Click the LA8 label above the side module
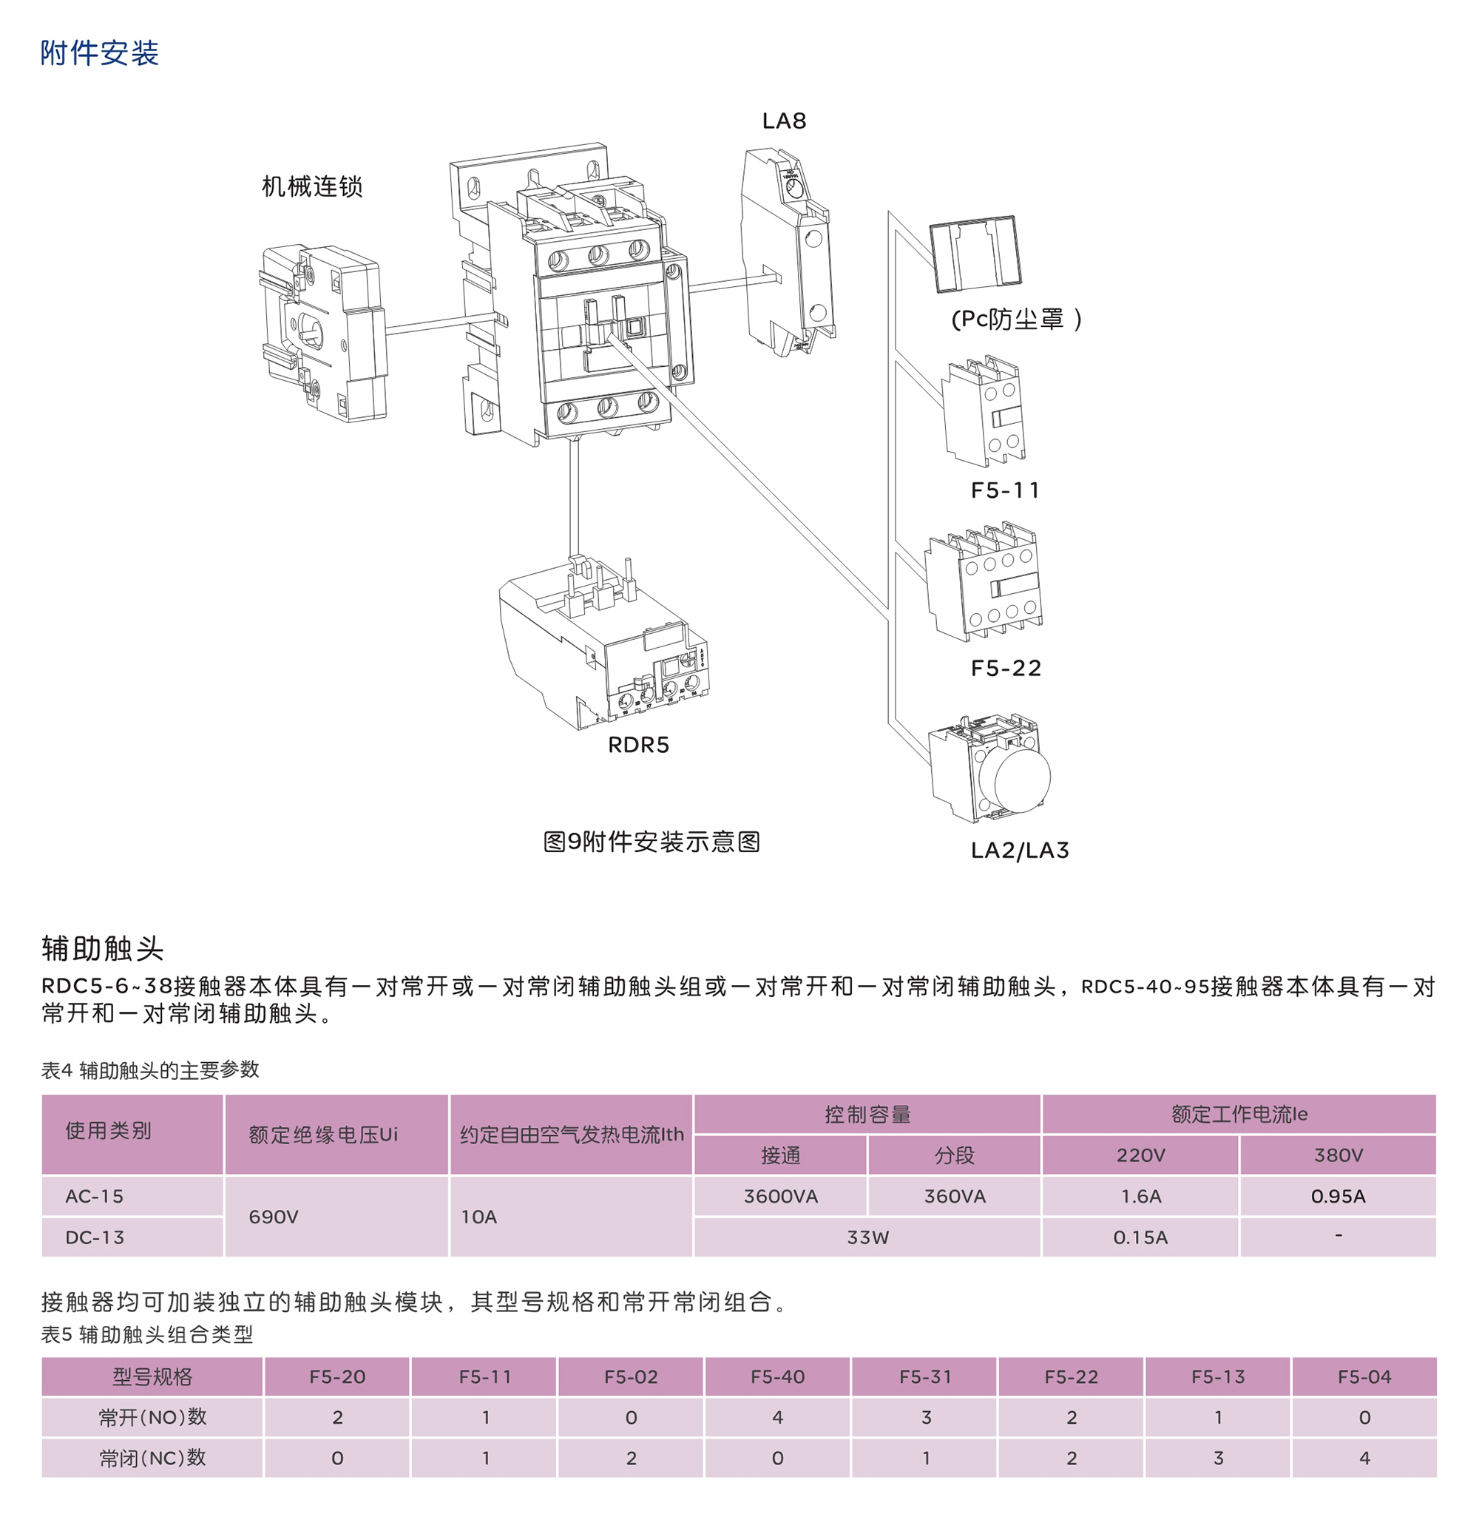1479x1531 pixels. (784, 121)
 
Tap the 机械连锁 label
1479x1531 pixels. (312, 186)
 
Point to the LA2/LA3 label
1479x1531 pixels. (1020, 850)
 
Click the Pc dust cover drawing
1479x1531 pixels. (975, 252)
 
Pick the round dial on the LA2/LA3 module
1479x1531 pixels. (1022, 778)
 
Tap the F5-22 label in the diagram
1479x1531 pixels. (1006, 668)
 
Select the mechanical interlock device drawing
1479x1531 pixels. (323, 333)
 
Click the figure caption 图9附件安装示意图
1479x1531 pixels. (652, 841)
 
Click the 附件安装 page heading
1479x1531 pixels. (100, 53)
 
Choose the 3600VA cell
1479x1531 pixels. (781, 1196)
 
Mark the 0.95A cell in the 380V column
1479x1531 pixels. (1338, 1196)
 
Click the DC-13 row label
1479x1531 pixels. (95, 1237)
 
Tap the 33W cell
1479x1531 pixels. (867, 1237)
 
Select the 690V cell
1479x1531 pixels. (274, 1217)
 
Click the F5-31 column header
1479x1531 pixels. (925, 1376)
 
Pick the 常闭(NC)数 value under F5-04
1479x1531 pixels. (1364, 1458)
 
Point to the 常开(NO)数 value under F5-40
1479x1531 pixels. (778, 1417)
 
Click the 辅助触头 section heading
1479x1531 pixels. (102, 948)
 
